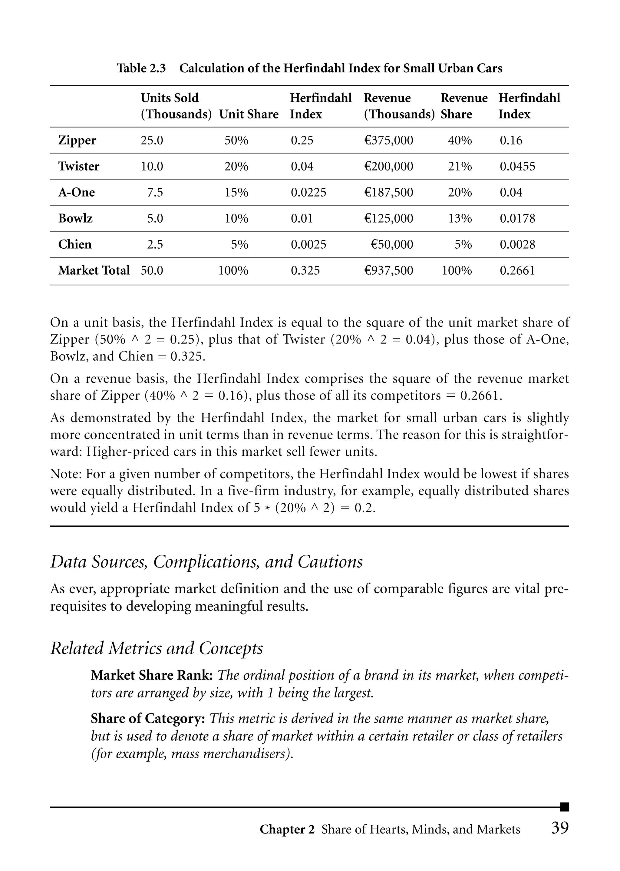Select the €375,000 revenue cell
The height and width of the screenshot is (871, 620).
[x=388, y=141]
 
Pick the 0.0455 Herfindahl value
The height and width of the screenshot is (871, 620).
[x=517, y=167]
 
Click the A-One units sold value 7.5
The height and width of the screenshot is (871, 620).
[x=155, y=192]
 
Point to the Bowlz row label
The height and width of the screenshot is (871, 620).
[x=75, y=218]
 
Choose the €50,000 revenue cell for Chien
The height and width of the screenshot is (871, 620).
[x=392, y=244]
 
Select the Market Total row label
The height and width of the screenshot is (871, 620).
[x=94, y=270]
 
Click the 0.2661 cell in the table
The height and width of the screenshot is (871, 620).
[x=517, y=271]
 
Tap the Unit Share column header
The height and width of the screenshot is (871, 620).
[x=249, y=114]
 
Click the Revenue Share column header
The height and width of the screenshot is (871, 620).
[x=463, y=106]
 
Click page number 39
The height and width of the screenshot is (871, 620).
[x=560, y=828]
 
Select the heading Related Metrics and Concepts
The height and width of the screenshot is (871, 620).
[x=157, y=648]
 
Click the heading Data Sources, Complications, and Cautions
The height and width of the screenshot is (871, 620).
[x=206, y=562]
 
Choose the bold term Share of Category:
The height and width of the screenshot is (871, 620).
[x=148, y=719]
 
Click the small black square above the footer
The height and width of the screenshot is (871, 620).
[x=564, y=807]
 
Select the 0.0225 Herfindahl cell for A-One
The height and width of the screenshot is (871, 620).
[x=308, y=192]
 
